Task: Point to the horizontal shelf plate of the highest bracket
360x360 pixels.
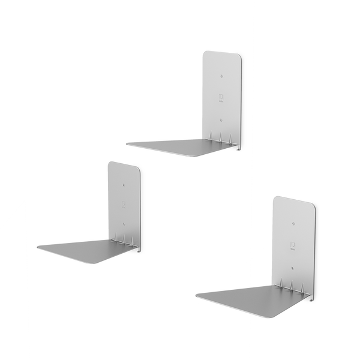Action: point(180,145)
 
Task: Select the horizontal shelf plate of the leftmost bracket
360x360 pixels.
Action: point(87,247)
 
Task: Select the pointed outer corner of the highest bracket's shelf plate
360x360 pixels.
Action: point(125,143)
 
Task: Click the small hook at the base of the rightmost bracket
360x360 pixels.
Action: point(312,300)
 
